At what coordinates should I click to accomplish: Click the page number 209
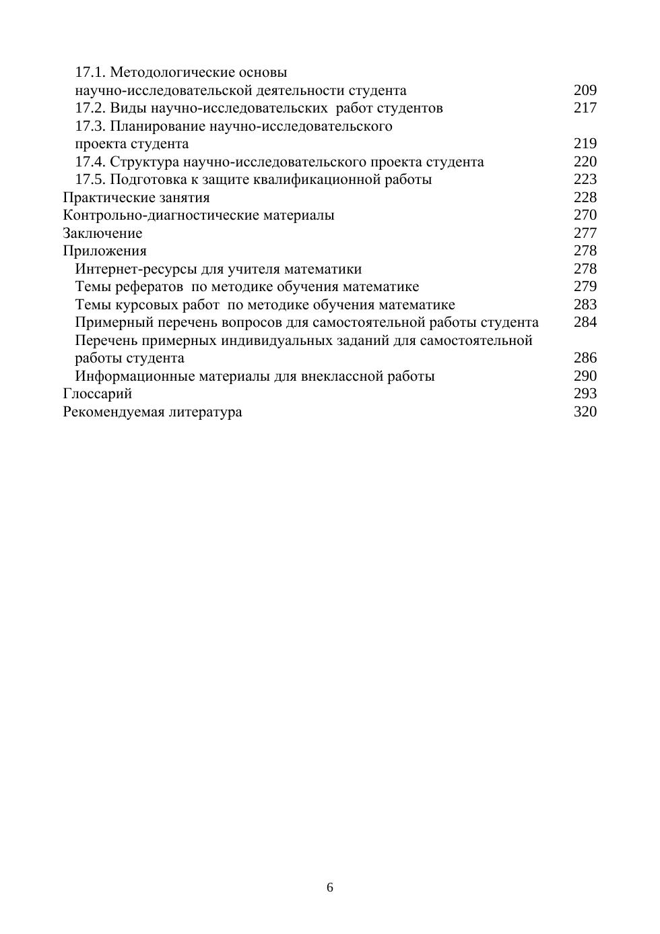click(x=585, y=90)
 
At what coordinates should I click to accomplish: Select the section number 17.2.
click(x=90, y=108)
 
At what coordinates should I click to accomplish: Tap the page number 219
click(x=585, y=144)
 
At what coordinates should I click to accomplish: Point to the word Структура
click(x=144, y=162)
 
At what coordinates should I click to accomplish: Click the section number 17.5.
click(x=90, y=179)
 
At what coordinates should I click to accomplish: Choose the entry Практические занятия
click(x=136, y=197)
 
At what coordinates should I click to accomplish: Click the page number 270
click(x=585, y=215)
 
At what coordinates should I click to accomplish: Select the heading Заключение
click(x=102, y=233)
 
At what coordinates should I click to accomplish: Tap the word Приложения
click(x=104, y=251)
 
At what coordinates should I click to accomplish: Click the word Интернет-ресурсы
click(x=136, y=269)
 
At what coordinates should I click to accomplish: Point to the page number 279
click(x=585, y=286)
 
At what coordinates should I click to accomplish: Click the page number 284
click(x=585, y=322)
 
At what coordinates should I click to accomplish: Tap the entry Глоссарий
click(x=98, y=394)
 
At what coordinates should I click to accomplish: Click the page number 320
click(x=585, y=412)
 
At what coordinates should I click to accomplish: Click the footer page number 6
click(x=330, y=888)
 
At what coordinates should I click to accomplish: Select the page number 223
click(x=585, y=179)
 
